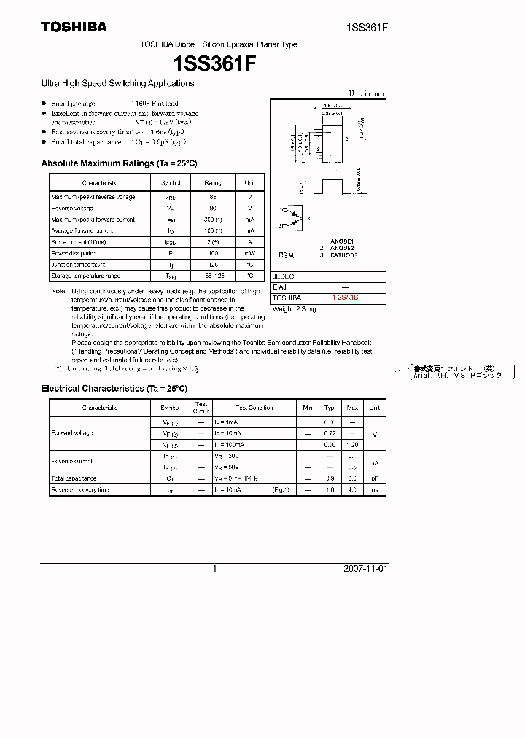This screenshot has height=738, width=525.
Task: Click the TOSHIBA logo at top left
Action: [74, 27]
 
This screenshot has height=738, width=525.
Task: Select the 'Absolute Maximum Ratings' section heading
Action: [119, 163]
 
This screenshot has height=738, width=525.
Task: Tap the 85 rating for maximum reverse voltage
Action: [213, 197]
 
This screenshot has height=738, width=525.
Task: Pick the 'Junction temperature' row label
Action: [78, 265]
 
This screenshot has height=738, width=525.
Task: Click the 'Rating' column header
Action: [213, 182]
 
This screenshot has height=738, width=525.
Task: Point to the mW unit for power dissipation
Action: [249, 253]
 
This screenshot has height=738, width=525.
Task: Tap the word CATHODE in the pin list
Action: [344, 255]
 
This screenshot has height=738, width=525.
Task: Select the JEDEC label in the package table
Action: [283, 276]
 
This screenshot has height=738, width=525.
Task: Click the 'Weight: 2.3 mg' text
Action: [294, 309]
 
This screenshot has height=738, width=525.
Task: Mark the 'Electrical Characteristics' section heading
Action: [114, 389]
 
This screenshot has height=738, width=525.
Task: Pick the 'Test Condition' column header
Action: [254, 408]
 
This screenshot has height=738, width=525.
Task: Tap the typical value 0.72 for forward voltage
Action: [330, 433]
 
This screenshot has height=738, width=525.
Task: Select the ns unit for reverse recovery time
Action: [375, 490]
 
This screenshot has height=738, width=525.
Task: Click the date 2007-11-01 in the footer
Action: [365, 569]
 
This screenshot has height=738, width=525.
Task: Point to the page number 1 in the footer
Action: [214, 569]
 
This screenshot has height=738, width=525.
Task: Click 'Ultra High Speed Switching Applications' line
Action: [117, 84]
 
